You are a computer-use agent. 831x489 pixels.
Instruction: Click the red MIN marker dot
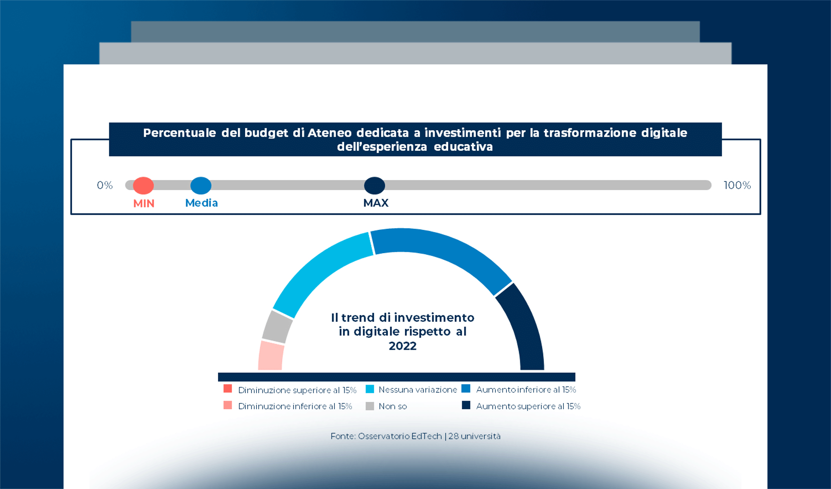(143, 185)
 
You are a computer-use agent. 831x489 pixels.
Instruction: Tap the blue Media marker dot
(201, 185)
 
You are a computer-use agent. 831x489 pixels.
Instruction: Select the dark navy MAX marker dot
(374, 185)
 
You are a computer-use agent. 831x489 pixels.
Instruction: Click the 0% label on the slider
(105, 185)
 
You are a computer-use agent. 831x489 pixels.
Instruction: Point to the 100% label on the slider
(737, 185)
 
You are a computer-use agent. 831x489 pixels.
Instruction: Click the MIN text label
(144, 203)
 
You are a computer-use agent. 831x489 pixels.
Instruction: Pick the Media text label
(201, 203)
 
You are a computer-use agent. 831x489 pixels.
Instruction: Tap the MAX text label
(376, 203)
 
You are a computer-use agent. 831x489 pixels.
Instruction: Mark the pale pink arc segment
(270, 356)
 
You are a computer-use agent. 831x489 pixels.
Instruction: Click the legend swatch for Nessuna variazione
(370, 389)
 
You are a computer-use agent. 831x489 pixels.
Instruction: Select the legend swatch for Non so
(370, 406)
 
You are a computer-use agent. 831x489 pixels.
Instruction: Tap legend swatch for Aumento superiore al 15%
(466, 405)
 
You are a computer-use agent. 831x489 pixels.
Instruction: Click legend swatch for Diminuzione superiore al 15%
(228, 389)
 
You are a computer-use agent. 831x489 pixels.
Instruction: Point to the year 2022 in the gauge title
(402, 346)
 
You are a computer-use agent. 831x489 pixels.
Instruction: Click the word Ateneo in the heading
(329, 133)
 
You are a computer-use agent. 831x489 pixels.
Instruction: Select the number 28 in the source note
(453, 436)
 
